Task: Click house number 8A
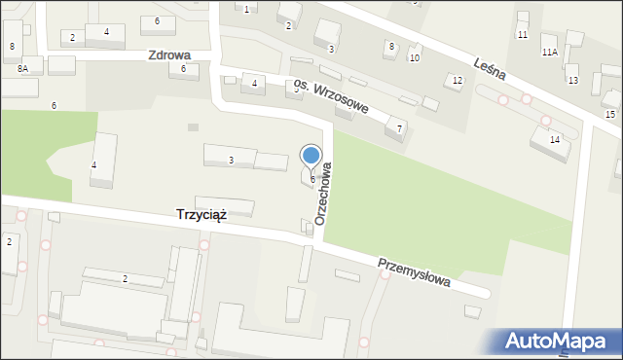[22, 69]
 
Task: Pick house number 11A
[550, 52]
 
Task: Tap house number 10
[414, 58]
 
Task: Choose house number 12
[457, 80]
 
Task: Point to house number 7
[398, 127]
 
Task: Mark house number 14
[554, 140]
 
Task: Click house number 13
[572, 80]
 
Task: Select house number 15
[609, 115]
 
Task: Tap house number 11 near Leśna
[523, 35]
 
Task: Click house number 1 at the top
[246, 9]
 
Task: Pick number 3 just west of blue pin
[231, 160]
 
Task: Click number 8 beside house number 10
[391, 46]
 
